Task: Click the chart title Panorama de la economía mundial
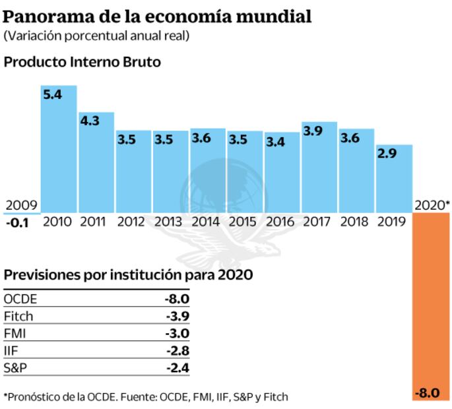point(158,15)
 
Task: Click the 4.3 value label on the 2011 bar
point(90,121)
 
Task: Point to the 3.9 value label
point(313,131)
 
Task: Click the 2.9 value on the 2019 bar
point(388,154)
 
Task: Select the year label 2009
point(20,205)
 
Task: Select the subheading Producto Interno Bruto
point(82,63)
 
